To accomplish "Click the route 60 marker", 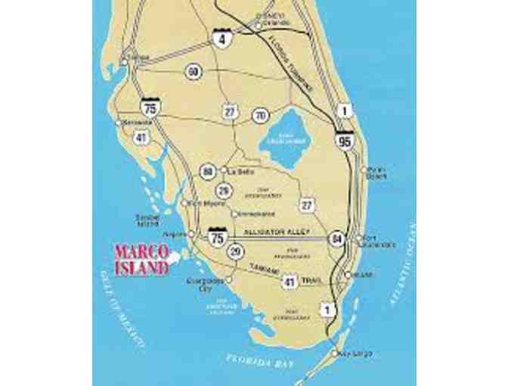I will [x=194, y=71].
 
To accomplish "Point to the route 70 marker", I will [x=261, y=116].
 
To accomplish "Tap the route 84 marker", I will [x=336, y=238].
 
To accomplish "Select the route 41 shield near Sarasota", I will [x=141, y=138].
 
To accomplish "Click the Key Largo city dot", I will [x=335, y=352].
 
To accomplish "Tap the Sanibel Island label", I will [x=147, y=219].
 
